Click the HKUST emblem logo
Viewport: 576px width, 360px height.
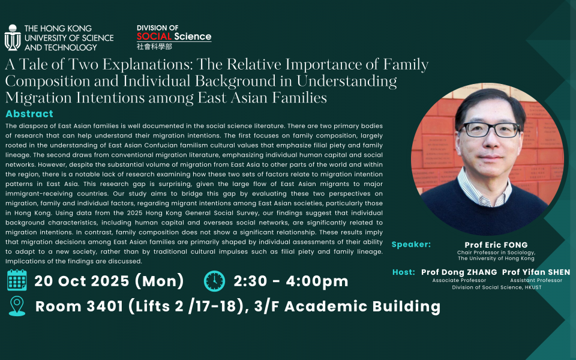click(x=13, y=37)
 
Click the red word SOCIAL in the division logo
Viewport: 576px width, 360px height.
click(x=154, y=37)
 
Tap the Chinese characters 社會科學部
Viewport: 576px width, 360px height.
click(x=154, y=47)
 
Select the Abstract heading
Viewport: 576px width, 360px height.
click(x=29, y=114)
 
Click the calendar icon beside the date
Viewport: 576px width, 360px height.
click(x=17, y=280)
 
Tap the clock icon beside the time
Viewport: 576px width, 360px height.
click(x=215, y=281)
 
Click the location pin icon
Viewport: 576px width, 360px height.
click(x=17, y=306)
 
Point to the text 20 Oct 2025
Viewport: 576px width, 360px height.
click(x=82, y=281)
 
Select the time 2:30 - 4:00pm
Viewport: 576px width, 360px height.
click(x=291, y=281)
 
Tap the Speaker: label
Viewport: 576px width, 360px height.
click(x=411, y=245)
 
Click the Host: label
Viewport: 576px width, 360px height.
click(x=403, y=272)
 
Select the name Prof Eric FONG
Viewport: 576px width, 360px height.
click(x=496, y=245)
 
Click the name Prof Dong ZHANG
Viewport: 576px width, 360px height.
click(x=459, y=272)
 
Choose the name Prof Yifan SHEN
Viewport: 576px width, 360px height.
click(x=536, y=272)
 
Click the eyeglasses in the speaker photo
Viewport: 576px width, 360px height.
click(x=490, y=130)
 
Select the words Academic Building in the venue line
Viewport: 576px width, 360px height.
click(x=362, y=307)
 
